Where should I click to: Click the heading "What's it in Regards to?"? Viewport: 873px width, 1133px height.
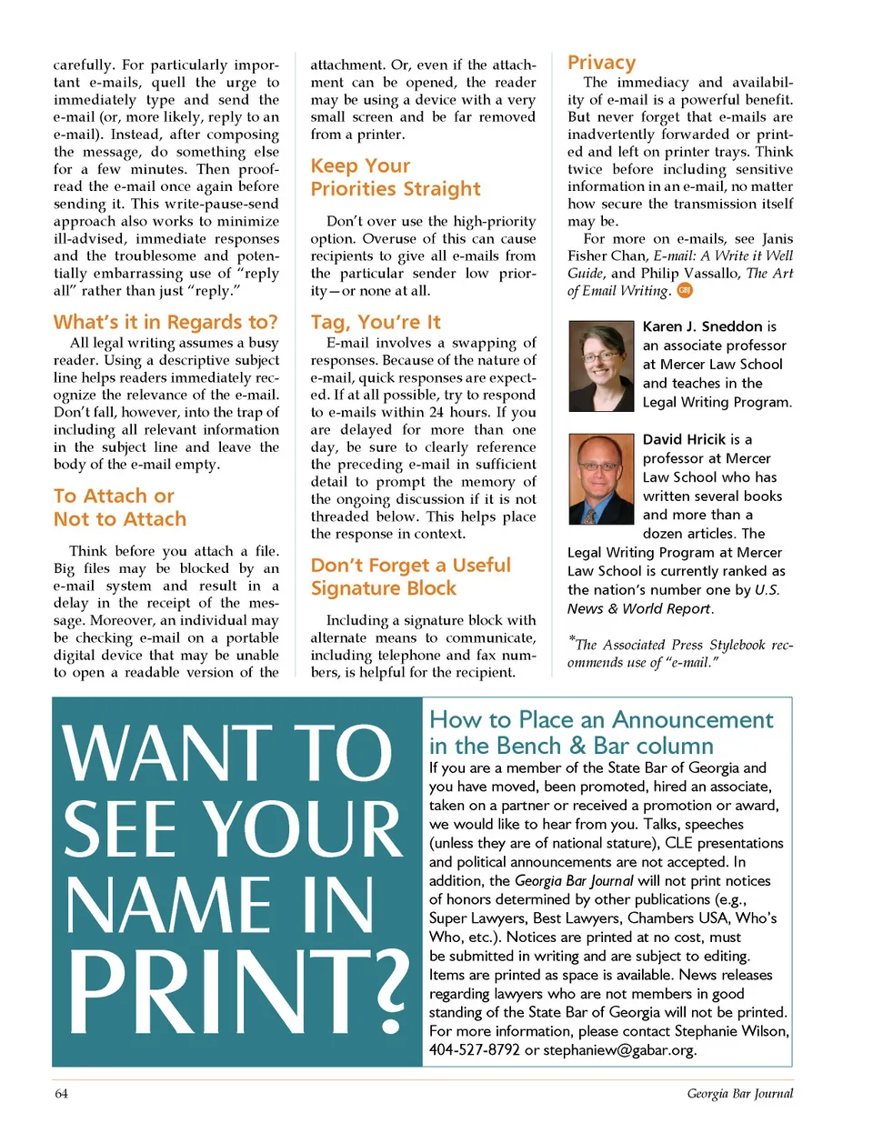[166, 322]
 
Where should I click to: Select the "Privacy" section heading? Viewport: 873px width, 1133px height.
[601, 62]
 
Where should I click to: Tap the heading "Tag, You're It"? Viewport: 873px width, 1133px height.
[376, 322]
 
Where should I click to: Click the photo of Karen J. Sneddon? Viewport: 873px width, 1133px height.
[600, 366]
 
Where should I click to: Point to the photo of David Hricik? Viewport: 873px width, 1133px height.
[600, 478]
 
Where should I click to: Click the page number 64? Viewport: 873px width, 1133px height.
[61, 1094]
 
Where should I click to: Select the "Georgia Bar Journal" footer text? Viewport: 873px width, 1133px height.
[739, 1094]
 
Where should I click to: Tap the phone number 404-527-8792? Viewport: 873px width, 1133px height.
[475, 1050]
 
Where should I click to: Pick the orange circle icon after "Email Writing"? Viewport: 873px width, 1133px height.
[685, 290]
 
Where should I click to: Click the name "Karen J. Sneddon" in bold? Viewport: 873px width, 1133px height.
[702, 326]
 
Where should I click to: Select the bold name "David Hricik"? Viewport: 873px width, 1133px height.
[684, 439]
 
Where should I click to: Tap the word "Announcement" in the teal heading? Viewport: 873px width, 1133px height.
[692, 720]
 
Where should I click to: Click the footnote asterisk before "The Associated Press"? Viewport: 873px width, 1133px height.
[571, 639]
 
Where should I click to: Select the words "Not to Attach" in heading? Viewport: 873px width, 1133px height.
[120, 519]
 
